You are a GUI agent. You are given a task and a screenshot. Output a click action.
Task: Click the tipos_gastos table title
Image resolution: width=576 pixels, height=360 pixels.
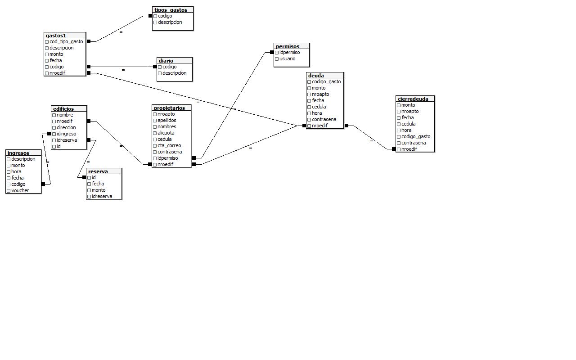click(x=171, y=10)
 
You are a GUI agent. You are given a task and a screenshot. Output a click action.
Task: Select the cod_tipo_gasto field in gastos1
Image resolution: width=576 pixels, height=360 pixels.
click(x=66, y=41)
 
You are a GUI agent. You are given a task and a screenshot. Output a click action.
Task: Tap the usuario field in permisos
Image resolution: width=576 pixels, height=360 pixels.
click(x=287, y=58)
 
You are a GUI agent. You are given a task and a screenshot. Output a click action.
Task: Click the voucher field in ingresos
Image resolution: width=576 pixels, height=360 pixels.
click(x=20, y=190)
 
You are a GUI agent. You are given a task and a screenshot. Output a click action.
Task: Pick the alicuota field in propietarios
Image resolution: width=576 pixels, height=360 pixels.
click(x=166, y=133)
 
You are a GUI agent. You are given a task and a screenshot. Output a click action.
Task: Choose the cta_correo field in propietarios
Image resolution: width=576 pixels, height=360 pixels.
click(x=169, y=145)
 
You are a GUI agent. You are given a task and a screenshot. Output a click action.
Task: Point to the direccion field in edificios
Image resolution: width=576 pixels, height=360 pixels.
click(x=66, y=127)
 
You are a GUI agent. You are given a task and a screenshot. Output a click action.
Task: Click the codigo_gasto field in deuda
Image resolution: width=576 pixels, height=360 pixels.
click(x=326, y=81)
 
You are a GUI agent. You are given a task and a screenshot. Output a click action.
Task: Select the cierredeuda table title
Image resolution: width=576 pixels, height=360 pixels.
click(x=413, y=99)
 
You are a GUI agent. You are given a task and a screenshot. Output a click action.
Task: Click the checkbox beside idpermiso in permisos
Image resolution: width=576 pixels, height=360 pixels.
click(x=277, y=53)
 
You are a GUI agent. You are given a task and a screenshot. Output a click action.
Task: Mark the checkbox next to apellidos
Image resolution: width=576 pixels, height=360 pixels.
click(x=155, y=121)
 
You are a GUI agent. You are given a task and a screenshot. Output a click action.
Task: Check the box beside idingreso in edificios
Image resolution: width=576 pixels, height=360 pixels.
click(x=54, y=134)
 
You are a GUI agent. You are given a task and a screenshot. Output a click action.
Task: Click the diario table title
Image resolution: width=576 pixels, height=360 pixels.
click(x=166, y=61)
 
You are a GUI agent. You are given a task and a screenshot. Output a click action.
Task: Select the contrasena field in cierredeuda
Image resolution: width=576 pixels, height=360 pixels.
click(x=413, y=143)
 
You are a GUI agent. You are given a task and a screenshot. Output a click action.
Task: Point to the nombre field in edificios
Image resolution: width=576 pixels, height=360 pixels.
click(x=65, y=115)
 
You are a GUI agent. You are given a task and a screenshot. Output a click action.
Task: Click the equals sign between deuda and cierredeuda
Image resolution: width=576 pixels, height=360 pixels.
click(x=372, y=141)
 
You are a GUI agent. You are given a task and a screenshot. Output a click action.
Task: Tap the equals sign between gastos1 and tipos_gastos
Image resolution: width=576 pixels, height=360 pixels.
click(x=121, y=32)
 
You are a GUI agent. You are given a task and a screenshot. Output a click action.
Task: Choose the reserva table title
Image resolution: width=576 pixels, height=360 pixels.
click(x=98, y=171)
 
